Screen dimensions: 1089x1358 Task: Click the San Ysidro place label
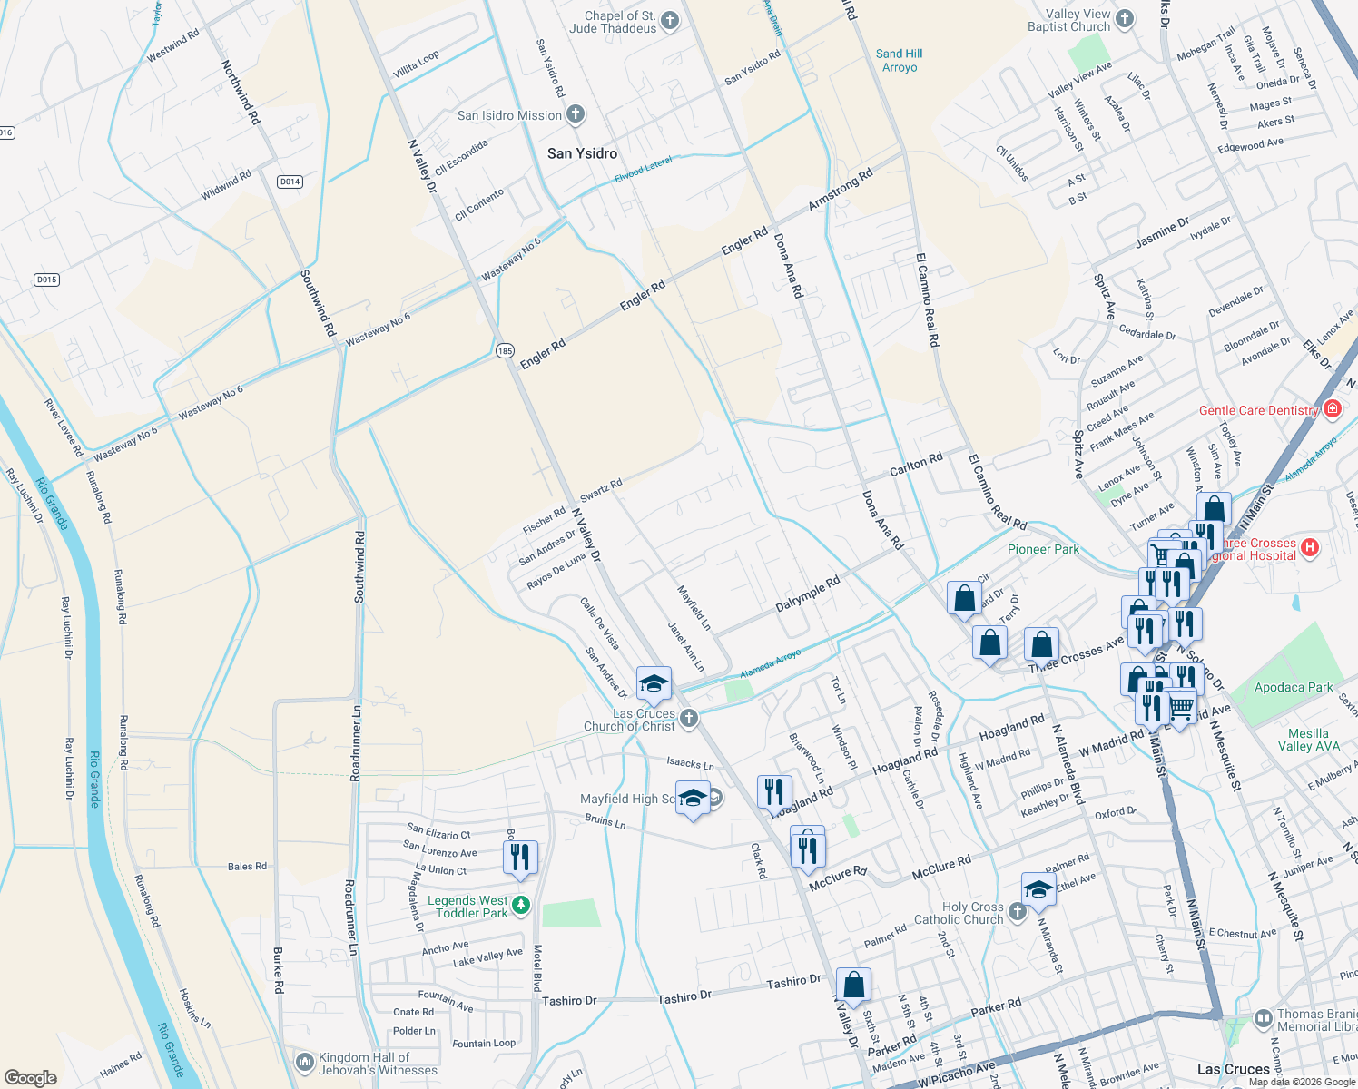[x=582, y=153]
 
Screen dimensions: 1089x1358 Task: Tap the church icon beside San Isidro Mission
[x=575, y=115]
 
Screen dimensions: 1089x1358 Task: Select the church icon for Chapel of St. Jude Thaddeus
[x=670, y=21]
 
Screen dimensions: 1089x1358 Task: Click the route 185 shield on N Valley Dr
[x=505, y=350]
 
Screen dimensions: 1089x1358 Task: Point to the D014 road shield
[x=290, y=181]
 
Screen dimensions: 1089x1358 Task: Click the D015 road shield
[x=47, y=280]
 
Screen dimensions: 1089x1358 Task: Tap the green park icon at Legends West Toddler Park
[x=521, y=905]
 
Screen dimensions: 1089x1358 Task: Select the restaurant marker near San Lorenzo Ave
[x=520, y=857]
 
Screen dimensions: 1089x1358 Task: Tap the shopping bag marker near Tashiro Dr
[x=853, y=984]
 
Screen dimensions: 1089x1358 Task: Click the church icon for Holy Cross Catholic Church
[x=1017, y=910]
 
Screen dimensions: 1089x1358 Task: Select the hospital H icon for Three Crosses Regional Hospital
[x=1309, y=547]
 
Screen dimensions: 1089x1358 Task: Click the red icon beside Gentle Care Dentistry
[x=1332, y=408]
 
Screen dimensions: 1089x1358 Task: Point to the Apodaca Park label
[x=1293, y=687]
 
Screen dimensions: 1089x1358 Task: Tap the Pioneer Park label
[x=1043, y=549]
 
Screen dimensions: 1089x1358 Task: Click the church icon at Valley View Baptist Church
[x=1124, y=18]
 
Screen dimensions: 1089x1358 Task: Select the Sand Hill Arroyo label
[x=899, y=61]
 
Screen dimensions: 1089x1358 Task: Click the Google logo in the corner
[x=30, y=1077]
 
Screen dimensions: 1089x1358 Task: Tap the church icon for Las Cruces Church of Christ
[x=689, y=719]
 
